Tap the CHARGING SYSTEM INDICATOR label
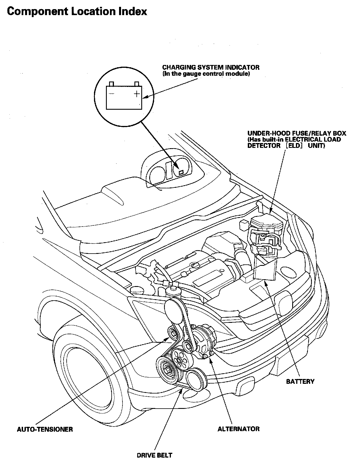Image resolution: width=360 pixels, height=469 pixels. [x=211, y=67]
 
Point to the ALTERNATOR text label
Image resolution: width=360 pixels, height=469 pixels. [x=238, y=429]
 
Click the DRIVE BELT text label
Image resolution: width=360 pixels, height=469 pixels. [x=154, y=455]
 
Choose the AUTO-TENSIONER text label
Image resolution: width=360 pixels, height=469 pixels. [x=45, y=429]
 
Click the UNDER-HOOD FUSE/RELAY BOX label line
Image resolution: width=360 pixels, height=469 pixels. [x=296, y=133]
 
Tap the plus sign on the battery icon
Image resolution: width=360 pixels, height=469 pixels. [x=137, y=94]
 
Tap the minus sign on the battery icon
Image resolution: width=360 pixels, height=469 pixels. [x=111, y=93]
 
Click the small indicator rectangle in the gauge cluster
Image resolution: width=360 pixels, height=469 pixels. [x=181, y=172]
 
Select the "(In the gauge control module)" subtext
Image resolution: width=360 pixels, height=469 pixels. [x=206, y=74]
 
